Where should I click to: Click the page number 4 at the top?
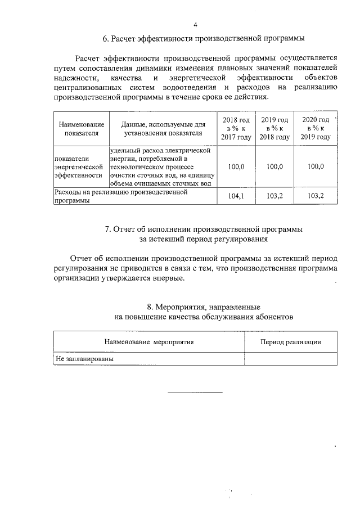click(x=195, y=25)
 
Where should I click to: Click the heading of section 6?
click(x=204, y=39)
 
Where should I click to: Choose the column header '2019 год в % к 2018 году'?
click(x=274, y=128)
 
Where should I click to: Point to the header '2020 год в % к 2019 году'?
click(x=316, y=128)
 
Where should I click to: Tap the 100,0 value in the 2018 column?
click(x=236, y=167)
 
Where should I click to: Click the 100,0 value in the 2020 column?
click(x=316, y=167)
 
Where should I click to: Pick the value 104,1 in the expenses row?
click(x=236, y=196)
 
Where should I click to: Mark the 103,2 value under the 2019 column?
click(x=274, y=196)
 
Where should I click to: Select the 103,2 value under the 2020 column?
click(x=316, y=196)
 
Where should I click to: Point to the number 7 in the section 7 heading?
click(x=107, y=229)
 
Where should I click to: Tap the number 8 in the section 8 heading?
click(x=150, y=307)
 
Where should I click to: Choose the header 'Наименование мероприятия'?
click(x=149, y=342)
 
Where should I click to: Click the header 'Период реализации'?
click(x=291, y=342)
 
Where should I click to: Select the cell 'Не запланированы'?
click(x=84, y=358)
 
